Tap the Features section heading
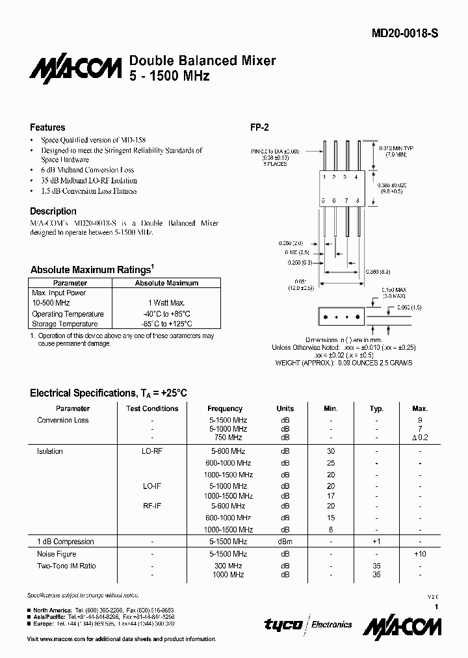pos(47,127)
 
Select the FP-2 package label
pos(260,127)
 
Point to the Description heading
pos(53,211)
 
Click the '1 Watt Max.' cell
pos(166,303)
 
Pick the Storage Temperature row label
pos(65,324)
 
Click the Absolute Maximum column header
pos(166,283)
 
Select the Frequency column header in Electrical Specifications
pos(225,408)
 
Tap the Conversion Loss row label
pos(63,420)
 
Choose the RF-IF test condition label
pos(152,506)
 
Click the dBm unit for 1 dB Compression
pos(285,542)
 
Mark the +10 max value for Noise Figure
pos(419,554)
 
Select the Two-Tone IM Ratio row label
pos(66,566)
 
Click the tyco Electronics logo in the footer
pos(308,625)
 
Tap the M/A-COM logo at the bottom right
pos(402,627)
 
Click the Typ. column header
pos(376,408)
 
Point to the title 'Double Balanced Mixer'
pos(203,60)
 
